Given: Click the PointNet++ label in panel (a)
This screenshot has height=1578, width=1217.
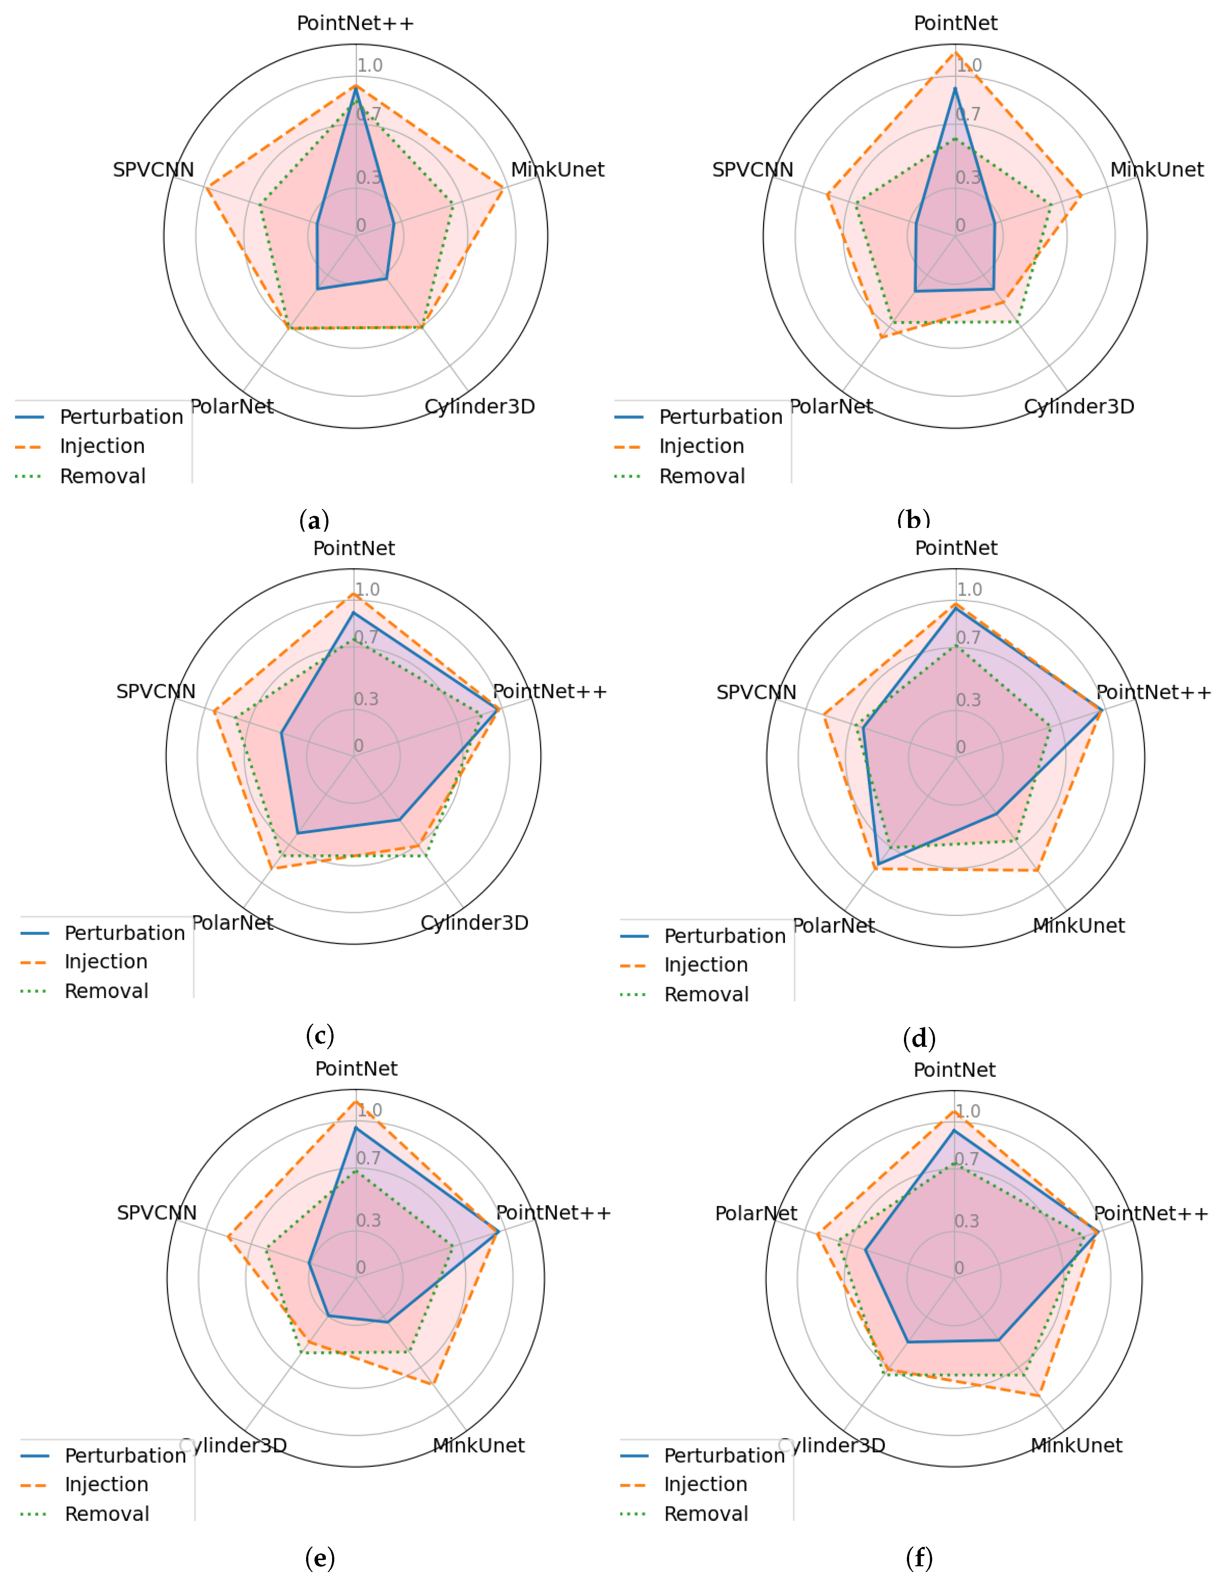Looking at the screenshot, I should [x=356, y=23].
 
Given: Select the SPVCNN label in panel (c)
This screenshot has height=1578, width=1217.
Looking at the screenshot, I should [x=156, y=692].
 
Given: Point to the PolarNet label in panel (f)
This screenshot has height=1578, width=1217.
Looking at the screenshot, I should [x=756, y=1213].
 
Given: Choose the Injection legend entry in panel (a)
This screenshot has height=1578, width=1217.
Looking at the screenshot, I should [x=102, y=447].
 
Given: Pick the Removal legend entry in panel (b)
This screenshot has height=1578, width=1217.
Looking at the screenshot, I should [x=702, y=476].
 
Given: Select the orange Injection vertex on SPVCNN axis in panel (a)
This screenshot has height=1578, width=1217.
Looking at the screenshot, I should [x=208, y=189].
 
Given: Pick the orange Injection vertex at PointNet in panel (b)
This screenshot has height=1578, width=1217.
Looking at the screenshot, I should [x=955, y=52].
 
